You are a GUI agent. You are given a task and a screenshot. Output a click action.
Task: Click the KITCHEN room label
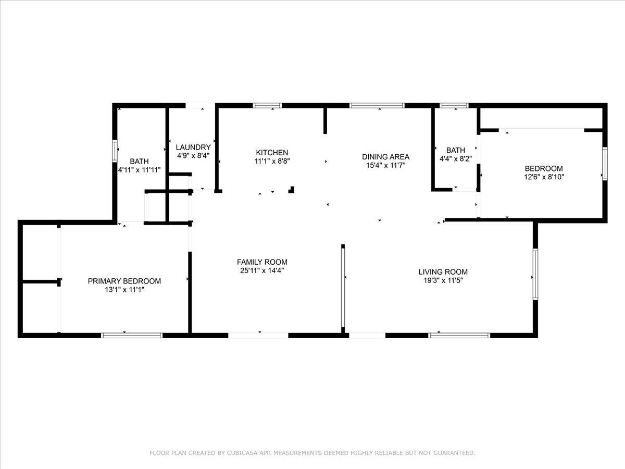271,153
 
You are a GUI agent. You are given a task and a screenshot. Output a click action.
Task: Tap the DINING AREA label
385,156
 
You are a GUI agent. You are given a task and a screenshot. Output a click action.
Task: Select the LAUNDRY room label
193,147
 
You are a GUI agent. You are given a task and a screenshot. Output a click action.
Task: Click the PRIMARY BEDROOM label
124,281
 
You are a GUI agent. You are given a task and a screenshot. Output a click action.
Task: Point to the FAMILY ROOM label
262,262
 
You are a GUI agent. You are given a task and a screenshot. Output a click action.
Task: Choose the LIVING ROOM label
443,271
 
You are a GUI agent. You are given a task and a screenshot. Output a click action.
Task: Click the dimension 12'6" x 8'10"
543,177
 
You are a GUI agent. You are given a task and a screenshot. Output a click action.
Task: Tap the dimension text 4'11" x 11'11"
139,170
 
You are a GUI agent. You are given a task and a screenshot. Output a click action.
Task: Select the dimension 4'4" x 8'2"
455,158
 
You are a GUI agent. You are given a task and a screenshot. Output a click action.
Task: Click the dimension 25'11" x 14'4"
262,270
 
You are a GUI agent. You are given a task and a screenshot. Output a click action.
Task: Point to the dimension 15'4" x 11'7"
385,165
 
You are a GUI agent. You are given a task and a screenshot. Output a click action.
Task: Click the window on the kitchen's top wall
267,105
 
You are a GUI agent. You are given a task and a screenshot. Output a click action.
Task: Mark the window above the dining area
377,105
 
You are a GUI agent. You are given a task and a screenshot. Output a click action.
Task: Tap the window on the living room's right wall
535,274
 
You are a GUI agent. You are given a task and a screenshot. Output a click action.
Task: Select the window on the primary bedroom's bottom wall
132,335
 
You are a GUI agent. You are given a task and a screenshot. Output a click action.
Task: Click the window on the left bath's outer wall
115,151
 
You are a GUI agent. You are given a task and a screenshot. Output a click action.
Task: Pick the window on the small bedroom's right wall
605,163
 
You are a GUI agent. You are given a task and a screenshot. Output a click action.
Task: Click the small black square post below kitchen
292,190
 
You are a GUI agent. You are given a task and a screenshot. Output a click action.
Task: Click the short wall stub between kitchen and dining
326,120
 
